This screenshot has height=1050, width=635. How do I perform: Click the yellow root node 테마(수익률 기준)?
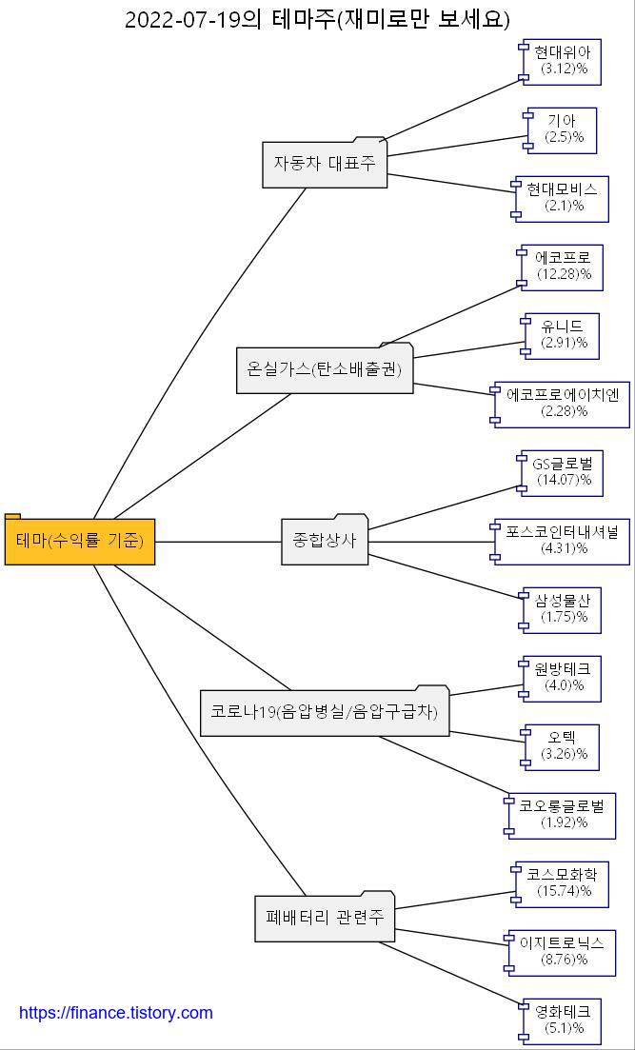(80, 542)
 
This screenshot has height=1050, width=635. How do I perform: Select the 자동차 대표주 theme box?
(325, 164)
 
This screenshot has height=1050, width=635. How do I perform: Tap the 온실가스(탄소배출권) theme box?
(325, 369)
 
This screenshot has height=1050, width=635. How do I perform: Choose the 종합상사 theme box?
(325, 541)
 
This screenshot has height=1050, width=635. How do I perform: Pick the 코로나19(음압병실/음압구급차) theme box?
(324, 712)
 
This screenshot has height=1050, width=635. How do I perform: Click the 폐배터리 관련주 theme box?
(325, 919)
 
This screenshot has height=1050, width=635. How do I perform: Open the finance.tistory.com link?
(116, 1013)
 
